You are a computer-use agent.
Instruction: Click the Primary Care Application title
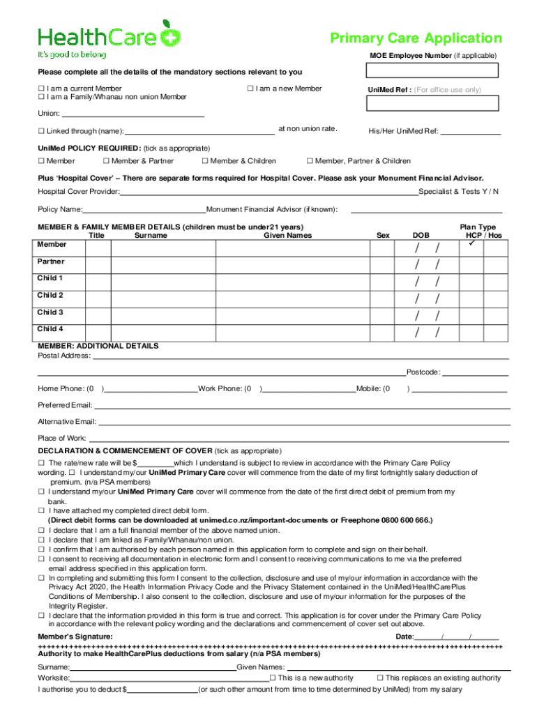click(x=416, y=38)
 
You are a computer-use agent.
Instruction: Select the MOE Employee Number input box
click(x=432, y=70)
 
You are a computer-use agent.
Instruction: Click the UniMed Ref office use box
click(x=432, y=103)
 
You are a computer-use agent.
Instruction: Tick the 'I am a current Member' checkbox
click(x=40, y=89)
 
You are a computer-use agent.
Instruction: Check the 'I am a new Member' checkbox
click(x=250, y=89)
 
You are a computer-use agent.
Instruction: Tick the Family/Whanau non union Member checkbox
click(x=40, y=97)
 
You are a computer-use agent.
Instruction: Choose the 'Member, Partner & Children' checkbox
click(x=310, y=161)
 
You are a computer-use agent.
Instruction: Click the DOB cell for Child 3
click(x=428, y=316)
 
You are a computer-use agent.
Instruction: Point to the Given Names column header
click(x=287, y=235)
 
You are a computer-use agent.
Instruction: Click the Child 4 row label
click(x=50, y=328)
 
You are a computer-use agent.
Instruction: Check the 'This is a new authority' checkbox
click(x=273, y=678)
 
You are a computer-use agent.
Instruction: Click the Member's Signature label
click(x=75, y=637)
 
